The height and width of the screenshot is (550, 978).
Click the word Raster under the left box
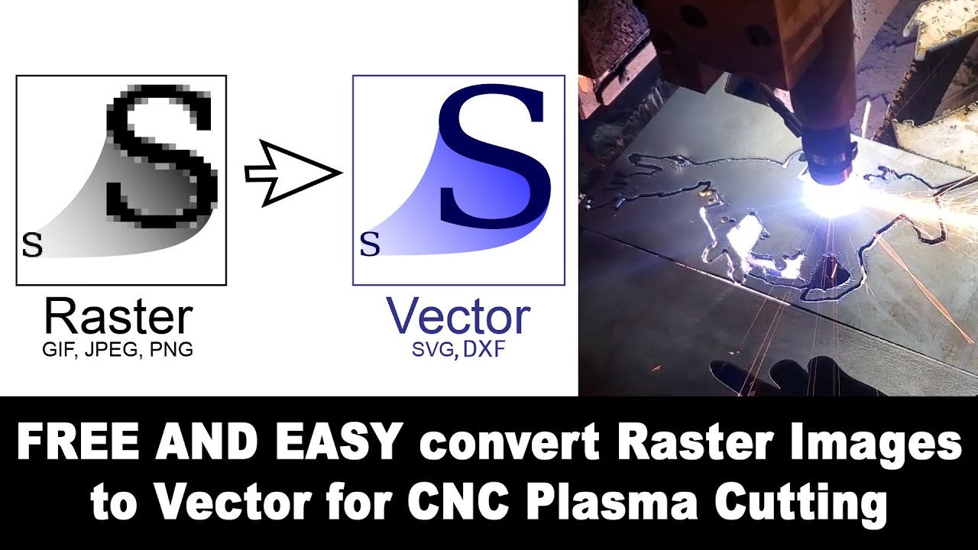coord(118,317)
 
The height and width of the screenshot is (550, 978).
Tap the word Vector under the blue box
coord(458,316)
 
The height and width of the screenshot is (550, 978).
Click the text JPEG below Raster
coord(114,351)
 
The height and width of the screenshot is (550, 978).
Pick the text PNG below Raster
coord(170,351)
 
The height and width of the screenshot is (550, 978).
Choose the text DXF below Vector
coord(482,351)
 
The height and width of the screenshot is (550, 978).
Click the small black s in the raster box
coord(32,245)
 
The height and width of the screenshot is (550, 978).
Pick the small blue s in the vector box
coord(370,245)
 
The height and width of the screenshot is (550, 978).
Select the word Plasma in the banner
coord(626,503)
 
